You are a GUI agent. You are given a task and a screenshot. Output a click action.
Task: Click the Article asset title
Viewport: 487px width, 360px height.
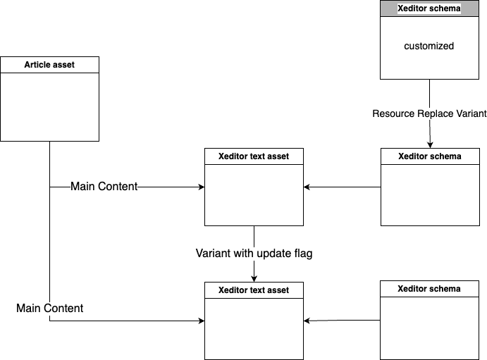pyautogui.click(x=49, y=65)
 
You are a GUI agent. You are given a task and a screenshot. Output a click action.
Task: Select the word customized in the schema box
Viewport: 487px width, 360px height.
pyautogui.click(x=429, y=46)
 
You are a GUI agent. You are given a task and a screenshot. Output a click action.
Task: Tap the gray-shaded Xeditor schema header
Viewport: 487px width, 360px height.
pyautogui.click(x=429, y=9)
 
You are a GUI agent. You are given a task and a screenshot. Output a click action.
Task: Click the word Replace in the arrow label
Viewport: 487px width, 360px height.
pyautogui.click(x=436, y=113)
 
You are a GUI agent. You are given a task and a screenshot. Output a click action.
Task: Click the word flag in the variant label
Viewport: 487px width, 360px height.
pyautogui.click(x=301, y=253)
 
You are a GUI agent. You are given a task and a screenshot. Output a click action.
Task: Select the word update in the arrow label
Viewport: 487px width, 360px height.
pyautogui.click(x=271, y=253)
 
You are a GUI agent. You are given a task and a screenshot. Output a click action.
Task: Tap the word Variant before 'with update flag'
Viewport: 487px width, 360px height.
pyautogui.click(x=214, y=253)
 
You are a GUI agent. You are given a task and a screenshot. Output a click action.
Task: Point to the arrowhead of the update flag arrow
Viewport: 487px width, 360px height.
pyautogui.click(x=254, y=278)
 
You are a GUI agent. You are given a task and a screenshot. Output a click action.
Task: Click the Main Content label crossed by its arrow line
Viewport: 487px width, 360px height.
pyautogui.click(x=104, y=187)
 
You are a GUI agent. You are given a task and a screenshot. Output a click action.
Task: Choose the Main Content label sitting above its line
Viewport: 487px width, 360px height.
pyautogui.click(x=49, y=308)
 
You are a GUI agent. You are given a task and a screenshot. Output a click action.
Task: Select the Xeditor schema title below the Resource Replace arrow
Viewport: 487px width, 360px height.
pyautogui.click(x=430, y=156)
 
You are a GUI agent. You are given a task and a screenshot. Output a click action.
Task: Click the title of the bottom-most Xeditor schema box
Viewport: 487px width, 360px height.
pyautogui.click(x=429, y=289)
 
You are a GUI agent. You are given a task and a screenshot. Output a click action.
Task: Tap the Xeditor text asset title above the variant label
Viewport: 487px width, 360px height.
pyautogui.click(x=254, y=156)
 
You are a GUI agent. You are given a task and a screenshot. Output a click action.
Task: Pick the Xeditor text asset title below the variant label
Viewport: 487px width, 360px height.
pyautogui.click(x=254, y=290)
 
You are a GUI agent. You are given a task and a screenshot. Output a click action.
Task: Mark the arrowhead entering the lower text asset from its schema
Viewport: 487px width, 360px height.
pyautogui.click(x=307, y=321)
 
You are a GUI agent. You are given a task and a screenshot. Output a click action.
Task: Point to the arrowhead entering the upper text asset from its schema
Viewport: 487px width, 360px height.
pyautogui.click(x=307, y=187)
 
